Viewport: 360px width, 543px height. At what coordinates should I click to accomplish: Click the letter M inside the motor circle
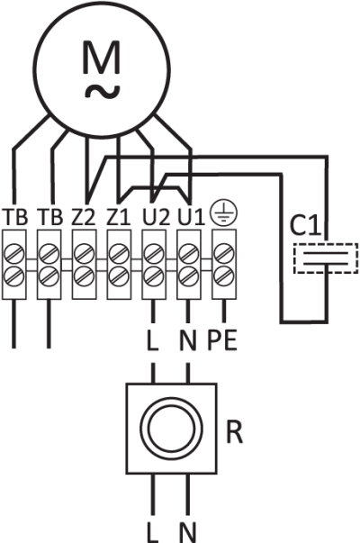pos(102,57)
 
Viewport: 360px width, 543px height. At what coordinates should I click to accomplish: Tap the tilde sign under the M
pos(103,92)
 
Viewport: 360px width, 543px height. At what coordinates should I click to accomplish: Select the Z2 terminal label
pos(84,217)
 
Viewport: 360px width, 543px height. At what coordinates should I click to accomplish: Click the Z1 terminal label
pos(119,217)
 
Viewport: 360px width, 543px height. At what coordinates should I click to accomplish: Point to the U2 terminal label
pos(156,217)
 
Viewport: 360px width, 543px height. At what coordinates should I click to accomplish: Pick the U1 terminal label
pos(191,217)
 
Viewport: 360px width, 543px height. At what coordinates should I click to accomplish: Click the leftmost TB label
pos(14,217)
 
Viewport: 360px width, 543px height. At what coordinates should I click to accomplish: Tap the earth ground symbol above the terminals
pos(224,211)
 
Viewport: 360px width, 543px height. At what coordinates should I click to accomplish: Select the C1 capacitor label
pos(305,225)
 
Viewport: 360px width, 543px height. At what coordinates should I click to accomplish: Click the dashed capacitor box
pos(326,258)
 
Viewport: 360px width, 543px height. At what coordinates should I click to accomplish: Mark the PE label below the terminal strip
pos(222,340)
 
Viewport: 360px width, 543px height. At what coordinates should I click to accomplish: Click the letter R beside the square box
pos(234,432)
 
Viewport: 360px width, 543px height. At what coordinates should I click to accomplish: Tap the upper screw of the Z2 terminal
pos(84,254)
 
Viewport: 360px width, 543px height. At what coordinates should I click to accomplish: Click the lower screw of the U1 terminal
pos(188,276)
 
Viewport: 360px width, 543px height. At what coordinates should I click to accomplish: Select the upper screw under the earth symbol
pos(224,254)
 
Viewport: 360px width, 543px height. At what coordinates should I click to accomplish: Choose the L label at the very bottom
pos(153,532)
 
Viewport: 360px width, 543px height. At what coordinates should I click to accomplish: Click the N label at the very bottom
pos(188,532)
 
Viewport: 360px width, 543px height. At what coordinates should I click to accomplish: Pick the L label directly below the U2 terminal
pos(153,340)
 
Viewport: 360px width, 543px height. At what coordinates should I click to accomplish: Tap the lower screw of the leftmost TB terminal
pos(14,276)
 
